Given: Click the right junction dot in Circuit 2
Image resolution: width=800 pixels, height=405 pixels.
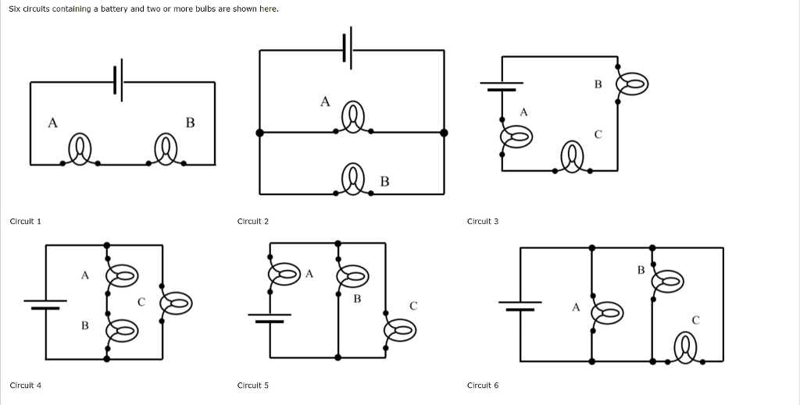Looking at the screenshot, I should (x=444, y=133).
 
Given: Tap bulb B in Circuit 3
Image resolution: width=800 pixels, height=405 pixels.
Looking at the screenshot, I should (x=633, y=83).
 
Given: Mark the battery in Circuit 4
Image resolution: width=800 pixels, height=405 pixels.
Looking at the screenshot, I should (x=45, y=304).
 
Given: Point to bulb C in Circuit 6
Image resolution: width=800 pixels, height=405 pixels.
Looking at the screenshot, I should (x=687, y=347).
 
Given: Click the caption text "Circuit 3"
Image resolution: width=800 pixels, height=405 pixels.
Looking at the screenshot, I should (x=482, y=222).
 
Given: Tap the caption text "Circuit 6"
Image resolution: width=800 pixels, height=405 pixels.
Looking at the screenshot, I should (x=482, y=385).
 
